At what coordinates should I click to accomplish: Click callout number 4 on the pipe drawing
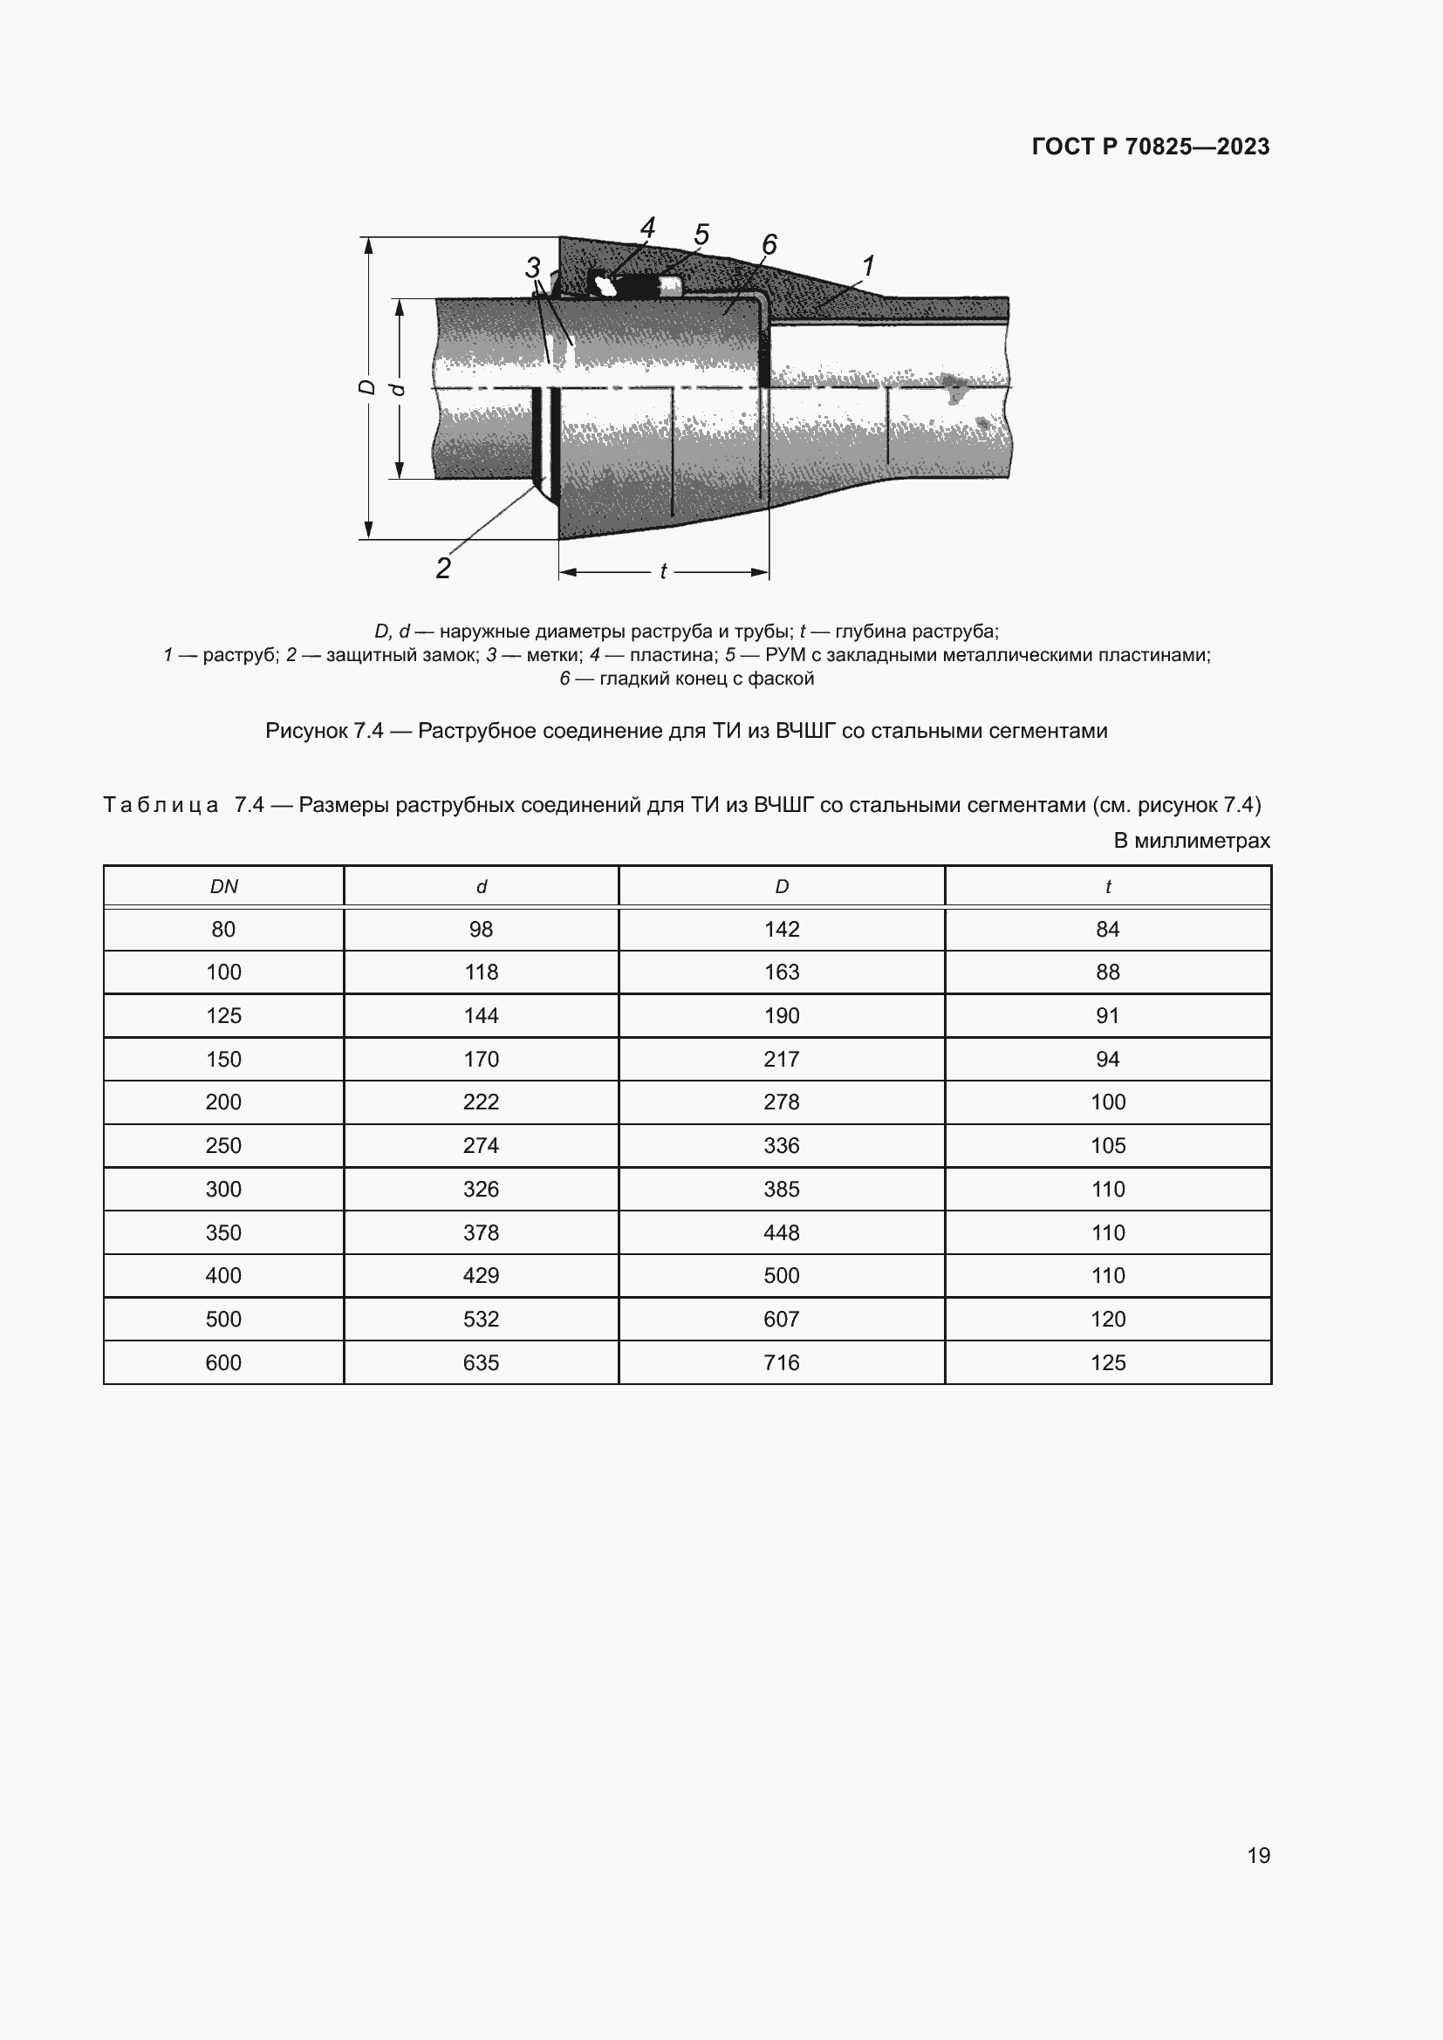pyautogui.click(x=647, y=229)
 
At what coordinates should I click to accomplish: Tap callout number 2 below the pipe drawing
pyautogui.click(x=443, y=568)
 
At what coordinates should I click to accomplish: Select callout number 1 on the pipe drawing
pyautogui.click(x=868, y=266)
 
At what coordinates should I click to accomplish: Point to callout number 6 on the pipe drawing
pyautogui.click(x=769, y=244)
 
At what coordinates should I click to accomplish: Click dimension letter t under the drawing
pyautogui.click(x=663, y=572)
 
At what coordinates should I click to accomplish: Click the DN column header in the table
pyautogui.click(x=223, y=887)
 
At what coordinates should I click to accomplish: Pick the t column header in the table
pyautogui.click(x=1107, y=887)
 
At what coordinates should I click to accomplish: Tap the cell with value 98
pyautogui.click(x=481, y=930)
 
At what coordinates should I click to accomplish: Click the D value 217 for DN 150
pyautogui.click(x=781, y=1059)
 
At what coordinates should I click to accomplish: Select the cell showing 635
pyautogui.click(x=481, y=1362)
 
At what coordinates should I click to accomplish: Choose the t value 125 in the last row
pyautogui.click(x=1107, y=1362)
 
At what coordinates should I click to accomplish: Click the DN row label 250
pyautogui.click(x=223, y=1145)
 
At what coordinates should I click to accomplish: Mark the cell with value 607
pyautogui.click(x=781, y=1319)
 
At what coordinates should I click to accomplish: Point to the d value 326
pyautogui.click(x=481, y=1189)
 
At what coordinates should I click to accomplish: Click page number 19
pyautogui.click(x=1258, y=1855)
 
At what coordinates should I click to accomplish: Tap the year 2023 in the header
pyautogui.click(x=1243, y=147)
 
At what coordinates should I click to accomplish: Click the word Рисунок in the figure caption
pyautogui.click(x=305, y=731)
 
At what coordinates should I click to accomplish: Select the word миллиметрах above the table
pyautogui.click(x=1202, y=841)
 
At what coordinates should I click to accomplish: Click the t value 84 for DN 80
pyautogui.click(x=1107, y=930)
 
